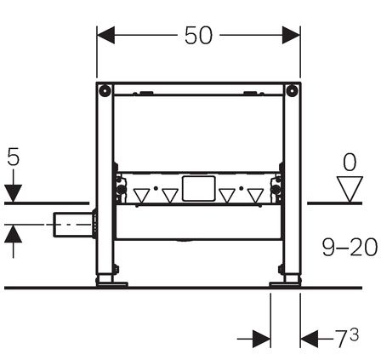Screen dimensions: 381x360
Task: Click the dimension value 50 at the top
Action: click(x=198, y=36)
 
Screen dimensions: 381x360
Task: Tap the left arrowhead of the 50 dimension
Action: click(x=105, y=35)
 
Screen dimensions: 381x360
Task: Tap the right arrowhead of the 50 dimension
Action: click(x=291, y=35)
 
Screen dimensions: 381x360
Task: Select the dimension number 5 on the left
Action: click(x=14, y=157)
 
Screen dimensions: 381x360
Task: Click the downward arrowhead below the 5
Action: click(x=14, y=193)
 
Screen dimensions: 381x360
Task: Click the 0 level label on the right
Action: click(x=350, y=163)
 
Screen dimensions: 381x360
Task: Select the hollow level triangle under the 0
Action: click(x=350, y=189)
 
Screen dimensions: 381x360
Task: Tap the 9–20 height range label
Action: click(x=350, y=248)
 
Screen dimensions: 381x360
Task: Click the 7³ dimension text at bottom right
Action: click(x=347, y=338)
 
